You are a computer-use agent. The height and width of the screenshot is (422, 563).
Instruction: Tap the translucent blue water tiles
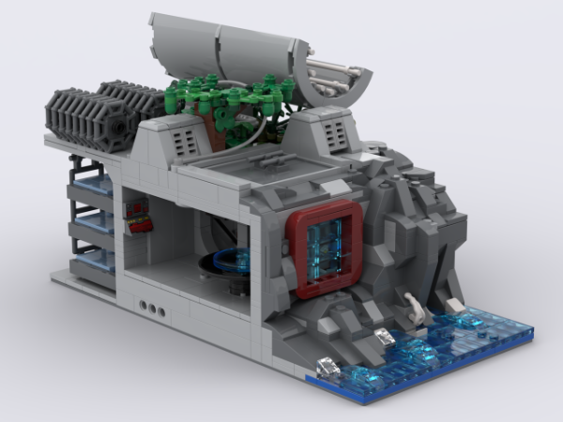[x=441, y=342]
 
